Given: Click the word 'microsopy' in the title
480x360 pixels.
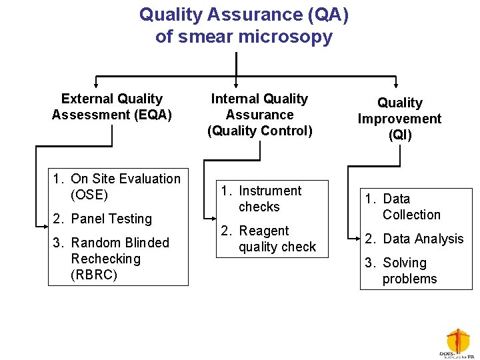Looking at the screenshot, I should click(290, 37).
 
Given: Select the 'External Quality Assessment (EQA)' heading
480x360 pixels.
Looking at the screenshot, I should click(112, 107).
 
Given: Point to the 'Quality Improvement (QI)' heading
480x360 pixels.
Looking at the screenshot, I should click(399, 119).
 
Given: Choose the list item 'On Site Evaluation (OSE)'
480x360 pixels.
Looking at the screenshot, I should click(117, 187).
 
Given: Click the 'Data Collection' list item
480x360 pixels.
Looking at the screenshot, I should click(403, 207).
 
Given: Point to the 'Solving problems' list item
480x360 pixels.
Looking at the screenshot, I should click(401, 271).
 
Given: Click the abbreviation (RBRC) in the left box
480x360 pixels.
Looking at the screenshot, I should click(94, 275).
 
